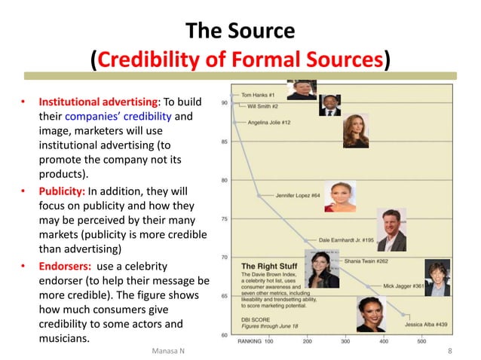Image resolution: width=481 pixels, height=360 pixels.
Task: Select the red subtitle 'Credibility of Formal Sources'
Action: point(240,59)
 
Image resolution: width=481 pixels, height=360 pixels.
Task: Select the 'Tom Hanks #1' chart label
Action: point(258,96)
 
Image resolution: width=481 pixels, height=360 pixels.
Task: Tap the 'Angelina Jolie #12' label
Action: point(269,122)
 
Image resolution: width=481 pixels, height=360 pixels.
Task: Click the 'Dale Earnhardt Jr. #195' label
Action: point(346,239)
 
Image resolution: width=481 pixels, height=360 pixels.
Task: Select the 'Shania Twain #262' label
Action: point(366,261)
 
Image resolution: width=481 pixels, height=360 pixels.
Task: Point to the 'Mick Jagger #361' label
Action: point(403,286)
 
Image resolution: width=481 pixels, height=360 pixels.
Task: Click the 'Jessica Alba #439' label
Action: point(426,324)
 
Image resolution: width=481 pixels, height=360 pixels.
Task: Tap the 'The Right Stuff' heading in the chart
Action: point(265,266)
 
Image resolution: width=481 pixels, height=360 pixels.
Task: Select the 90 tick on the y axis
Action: point(225,102)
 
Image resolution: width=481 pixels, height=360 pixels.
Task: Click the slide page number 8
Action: point(449,350)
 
